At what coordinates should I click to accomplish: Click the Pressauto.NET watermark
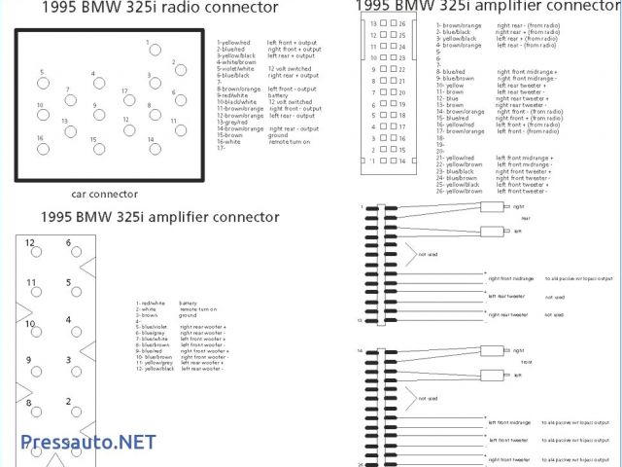(x=87, y=441)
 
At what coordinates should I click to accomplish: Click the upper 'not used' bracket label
(x=428, y=254)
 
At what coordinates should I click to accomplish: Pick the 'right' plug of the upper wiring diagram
(x=496, y=207)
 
